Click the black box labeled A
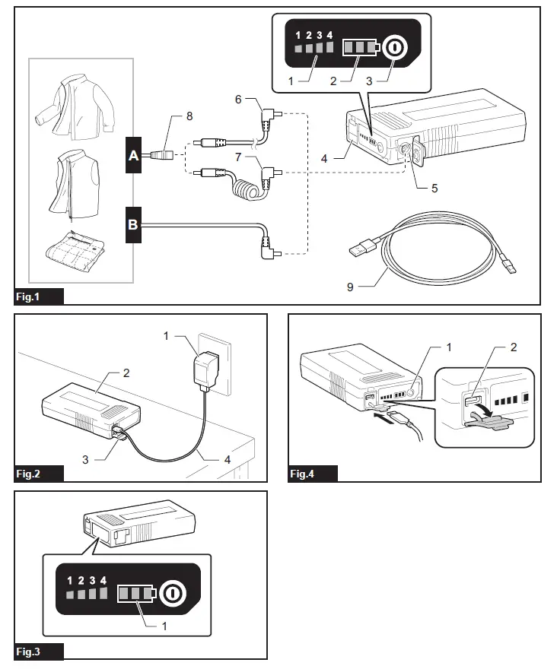click(x=134, y=156)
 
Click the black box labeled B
click(x=134, y=224)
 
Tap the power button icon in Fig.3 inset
click(x=172, y=592)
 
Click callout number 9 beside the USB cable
click(x=352, y=287)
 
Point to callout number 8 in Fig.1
click(x=189, y=116)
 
